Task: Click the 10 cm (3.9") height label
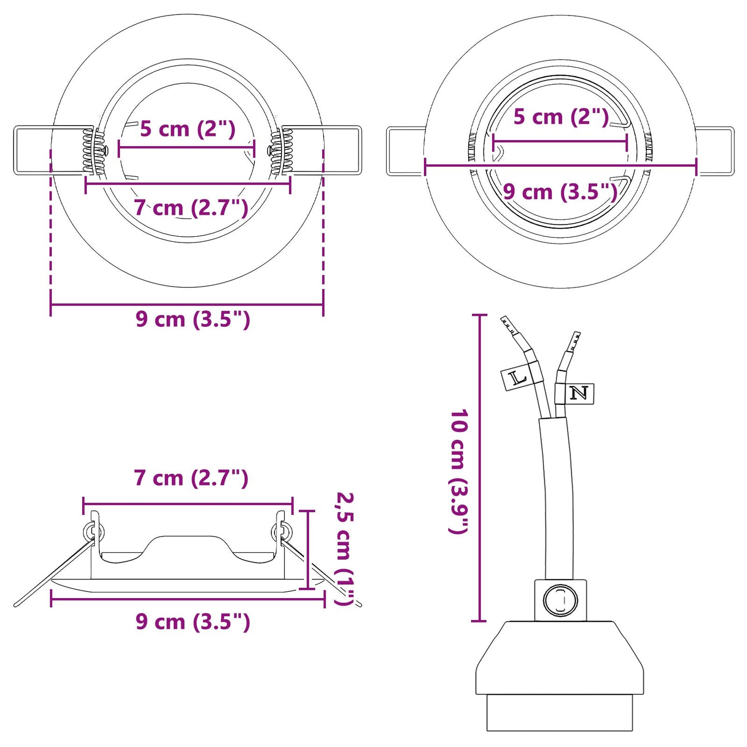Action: pos(459,471)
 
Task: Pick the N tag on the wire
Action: pos(580,393)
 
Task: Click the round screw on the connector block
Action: pos(560,601)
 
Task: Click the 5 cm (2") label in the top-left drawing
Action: pos(188,129)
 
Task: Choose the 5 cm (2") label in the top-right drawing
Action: pos(560,117)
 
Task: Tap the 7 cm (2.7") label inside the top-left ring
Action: pos(191,208)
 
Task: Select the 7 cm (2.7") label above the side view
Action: pos(191,478)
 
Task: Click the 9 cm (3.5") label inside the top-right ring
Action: pos(560,192)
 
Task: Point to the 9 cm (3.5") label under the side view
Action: pos(193,621)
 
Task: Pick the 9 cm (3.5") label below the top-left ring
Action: pos(193,319)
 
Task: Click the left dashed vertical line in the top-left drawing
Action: pos(51,227)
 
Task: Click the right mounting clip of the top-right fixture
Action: pos(715,151)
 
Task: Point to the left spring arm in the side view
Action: pos(52,574)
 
